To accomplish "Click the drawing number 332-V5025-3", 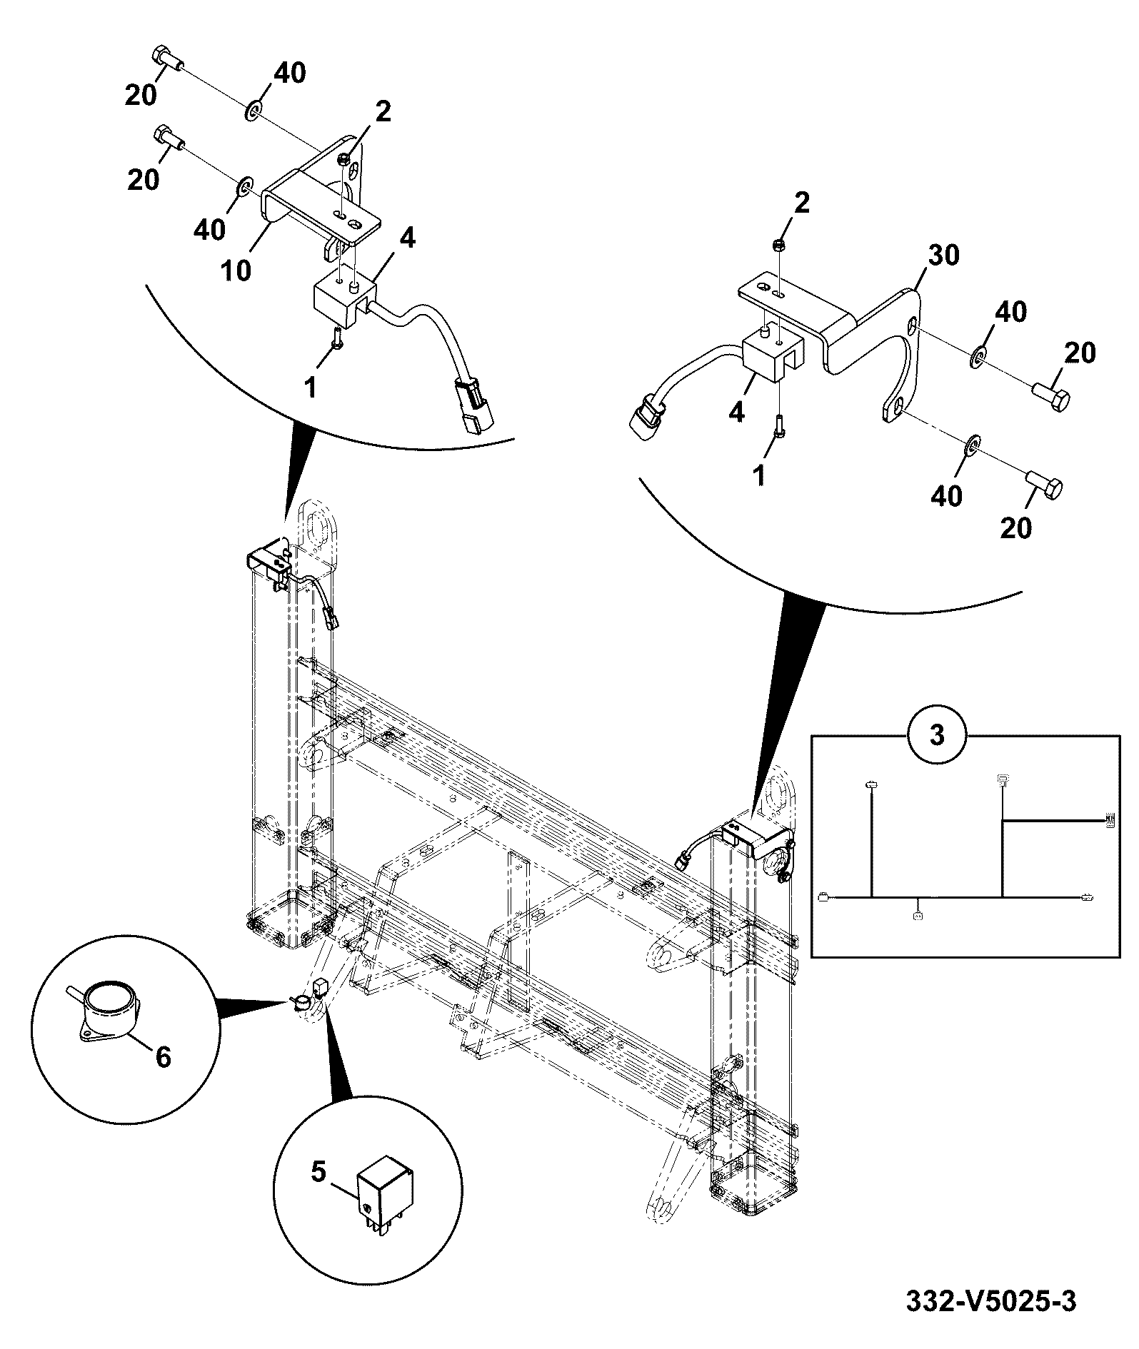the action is [990, 1300].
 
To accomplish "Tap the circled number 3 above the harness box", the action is [937, 734].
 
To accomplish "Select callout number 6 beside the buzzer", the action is [164, 1056].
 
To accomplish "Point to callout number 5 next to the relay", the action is [318, 1171].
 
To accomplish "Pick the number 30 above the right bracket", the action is [944, 255].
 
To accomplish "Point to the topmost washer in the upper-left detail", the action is [254, 111].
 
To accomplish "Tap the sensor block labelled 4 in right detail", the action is [773, 353].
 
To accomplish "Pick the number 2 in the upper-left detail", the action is [383, 111].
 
